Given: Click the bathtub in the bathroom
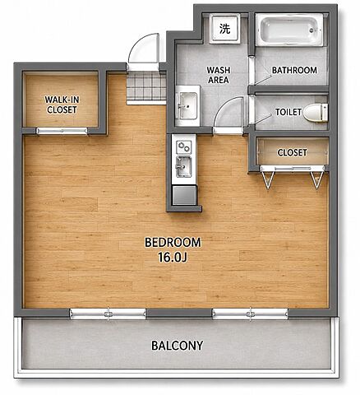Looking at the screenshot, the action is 289,30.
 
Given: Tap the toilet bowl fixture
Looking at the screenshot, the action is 316,113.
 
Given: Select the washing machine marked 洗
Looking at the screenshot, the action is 225,29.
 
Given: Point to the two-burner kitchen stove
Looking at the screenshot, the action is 183,147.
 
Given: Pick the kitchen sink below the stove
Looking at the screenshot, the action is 183,166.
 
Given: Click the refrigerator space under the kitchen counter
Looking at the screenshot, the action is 184,195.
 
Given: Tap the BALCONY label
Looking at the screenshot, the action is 178,346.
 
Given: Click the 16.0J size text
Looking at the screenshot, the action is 173,258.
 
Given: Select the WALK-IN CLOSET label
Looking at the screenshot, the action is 62,105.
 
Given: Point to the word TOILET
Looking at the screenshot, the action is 288,112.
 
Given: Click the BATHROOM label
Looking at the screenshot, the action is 294,70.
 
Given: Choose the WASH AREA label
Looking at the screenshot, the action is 219,75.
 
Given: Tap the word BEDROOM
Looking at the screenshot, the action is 173,243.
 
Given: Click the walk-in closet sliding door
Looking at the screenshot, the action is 62,131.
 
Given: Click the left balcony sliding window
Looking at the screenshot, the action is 108,314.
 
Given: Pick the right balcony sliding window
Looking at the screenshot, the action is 251,314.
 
